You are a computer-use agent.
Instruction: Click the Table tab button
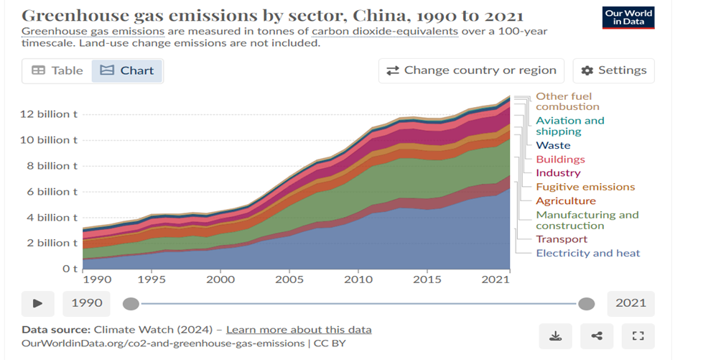click(57, 70)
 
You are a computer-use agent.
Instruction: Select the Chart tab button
click(127, 70)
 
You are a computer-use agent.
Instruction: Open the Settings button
click(613, 70)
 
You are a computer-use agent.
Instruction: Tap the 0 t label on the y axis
click(70, 269)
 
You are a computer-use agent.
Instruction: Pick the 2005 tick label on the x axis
click(289, 279)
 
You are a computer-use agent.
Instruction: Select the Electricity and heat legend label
click(587, 253)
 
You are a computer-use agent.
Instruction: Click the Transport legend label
click(562, 239)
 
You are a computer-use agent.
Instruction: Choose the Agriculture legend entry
click(566, 201)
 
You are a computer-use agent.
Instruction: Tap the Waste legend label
click(553, 145)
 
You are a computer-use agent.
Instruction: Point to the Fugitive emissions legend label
click(585, 187)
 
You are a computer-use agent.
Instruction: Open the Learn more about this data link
click(299, 330)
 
